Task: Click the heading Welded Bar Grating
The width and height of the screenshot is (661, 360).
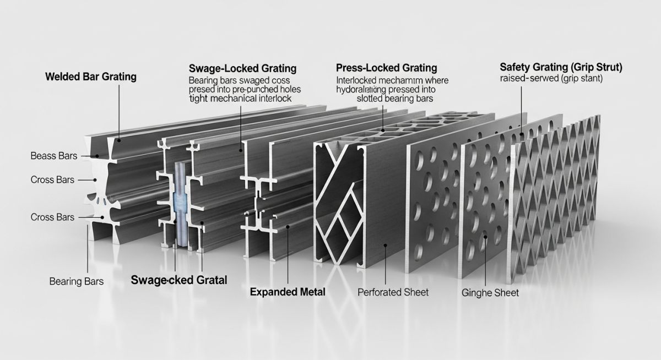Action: click(x=90, y=77)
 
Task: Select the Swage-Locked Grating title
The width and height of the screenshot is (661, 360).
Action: click(x=242, y=69)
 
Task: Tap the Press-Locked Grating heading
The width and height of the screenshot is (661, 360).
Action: click(x=386, y=68)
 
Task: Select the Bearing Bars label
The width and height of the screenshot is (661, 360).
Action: click(x=76, y=281)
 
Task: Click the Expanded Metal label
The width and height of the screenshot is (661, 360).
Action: click(x=287, y=292)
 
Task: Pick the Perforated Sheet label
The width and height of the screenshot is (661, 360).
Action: click(x=393, y=292)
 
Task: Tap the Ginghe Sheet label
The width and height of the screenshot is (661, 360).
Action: click(x=490, y=293)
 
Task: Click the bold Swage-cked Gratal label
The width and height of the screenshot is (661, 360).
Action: click(x=179, y=280)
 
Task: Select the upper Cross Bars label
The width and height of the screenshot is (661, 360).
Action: click(x=52, y=180)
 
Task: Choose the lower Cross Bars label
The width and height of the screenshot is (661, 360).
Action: click(x=52, y=217)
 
